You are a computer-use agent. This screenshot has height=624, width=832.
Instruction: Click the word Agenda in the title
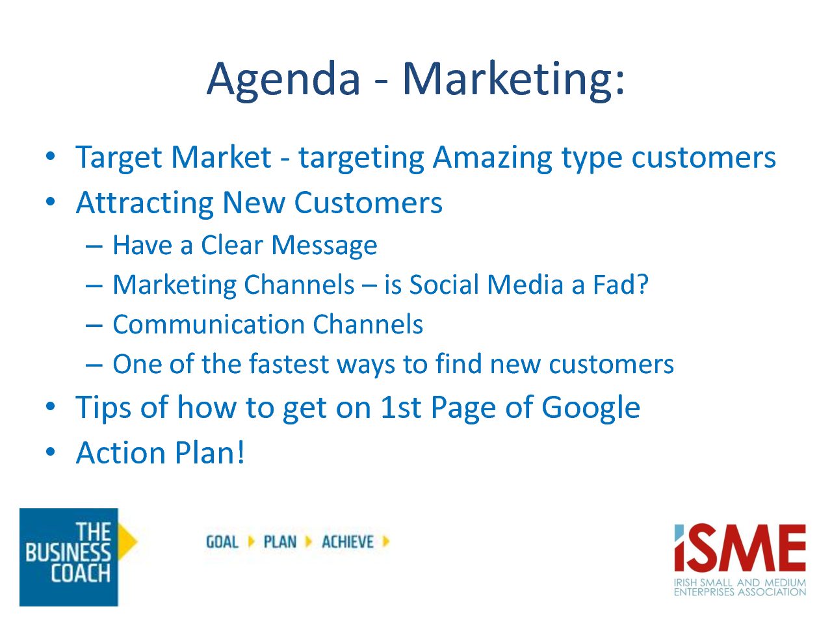coord(283,81)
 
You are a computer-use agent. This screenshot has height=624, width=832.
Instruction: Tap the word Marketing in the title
coord(508,81)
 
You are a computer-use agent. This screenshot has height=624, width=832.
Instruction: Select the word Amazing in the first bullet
coord(493,159)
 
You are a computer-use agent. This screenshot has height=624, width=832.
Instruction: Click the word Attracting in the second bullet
coord(144,203)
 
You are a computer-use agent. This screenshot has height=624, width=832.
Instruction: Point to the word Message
coord(324,246)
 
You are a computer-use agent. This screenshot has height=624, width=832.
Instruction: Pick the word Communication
coord(209,324)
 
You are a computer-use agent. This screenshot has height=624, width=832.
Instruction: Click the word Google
coord(591,408)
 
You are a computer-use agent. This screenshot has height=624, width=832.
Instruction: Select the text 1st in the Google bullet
coord(400,408)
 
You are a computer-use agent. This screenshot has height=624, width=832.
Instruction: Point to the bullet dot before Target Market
coord(51,156)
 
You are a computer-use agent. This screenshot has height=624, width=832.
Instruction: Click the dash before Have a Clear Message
coord(94,246)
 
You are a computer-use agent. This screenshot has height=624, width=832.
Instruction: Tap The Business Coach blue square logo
coord(69,557)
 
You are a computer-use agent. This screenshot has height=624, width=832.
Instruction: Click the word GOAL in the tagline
coord(222,542)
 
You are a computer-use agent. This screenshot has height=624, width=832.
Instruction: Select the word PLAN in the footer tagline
coord(280,542)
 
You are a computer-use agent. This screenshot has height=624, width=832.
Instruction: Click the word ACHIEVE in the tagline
coord(348,542)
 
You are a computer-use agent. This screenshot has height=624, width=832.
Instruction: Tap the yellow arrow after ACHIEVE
coord(386,541)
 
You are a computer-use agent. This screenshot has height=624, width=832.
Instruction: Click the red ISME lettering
coord(740,547)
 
